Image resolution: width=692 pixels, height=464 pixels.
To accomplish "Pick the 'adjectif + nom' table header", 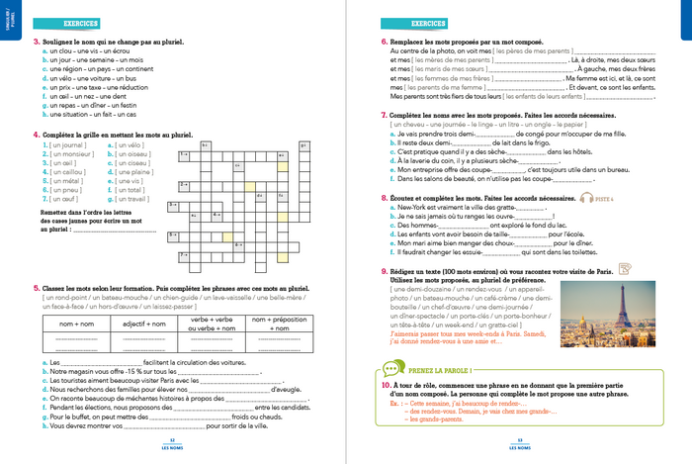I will pos(144,323).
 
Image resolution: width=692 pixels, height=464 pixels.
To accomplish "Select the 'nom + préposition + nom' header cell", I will pos(282,323).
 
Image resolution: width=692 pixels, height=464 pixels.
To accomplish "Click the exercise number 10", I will pos(386,382).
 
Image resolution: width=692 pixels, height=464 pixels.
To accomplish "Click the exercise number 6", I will pos(384,42).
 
